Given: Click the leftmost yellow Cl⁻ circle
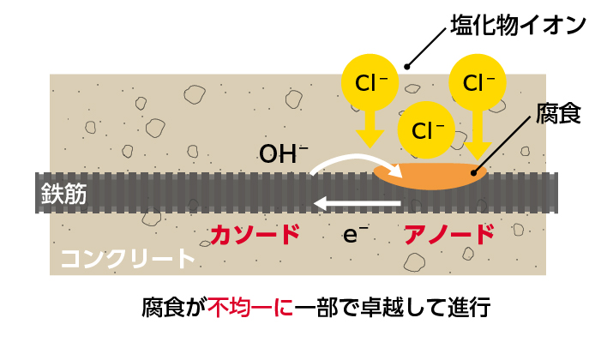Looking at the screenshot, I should pyautogui.click(x=370, y=83).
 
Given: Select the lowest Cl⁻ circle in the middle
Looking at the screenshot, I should pyautogui.click(x=427, y=131).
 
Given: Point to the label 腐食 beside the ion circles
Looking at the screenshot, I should pyautogui.click(x=558, y=114).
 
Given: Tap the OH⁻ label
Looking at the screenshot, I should pyautogui.click(x=284, y=154).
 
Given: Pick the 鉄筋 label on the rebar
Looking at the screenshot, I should pyautogui.click(x=64, y=194).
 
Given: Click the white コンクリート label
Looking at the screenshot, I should pyautogui.click(x=128, y=259).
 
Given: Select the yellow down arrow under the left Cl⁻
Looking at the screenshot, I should pyautogui.click(x=370, y=129).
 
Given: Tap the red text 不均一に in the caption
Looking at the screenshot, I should pyautogui.click(x=249, y=308).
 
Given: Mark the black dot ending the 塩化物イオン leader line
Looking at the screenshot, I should pyautogui.click(x=408, y=64).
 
